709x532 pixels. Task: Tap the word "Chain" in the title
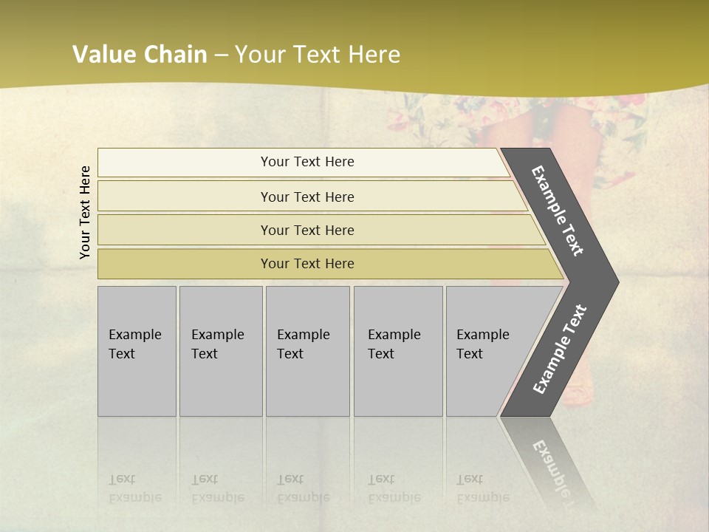click(x=176, y=55)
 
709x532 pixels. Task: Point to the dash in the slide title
click(x=221, y=55)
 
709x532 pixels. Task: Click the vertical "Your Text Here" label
click(x=85, y=212)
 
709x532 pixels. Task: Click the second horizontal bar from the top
click(x=306, y=197)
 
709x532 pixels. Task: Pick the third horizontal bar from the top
click(x=306, y=230)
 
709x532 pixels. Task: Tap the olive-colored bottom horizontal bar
click(x=306, y=264)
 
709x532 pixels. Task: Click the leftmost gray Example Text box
click(x=137, y=351)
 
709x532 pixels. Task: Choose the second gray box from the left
click(x=221, y=351)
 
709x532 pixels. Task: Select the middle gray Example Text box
click(x=307, y=351)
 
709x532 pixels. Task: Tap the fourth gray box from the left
click(x=398, y=351)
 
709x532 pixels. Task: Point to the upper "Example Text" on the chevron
click(x=558, y=211)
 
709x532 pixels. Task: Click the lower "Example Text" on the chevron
click(x=559, y=349)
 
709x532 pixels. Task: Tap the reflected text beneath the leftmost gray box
click(x=135, y=488)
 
